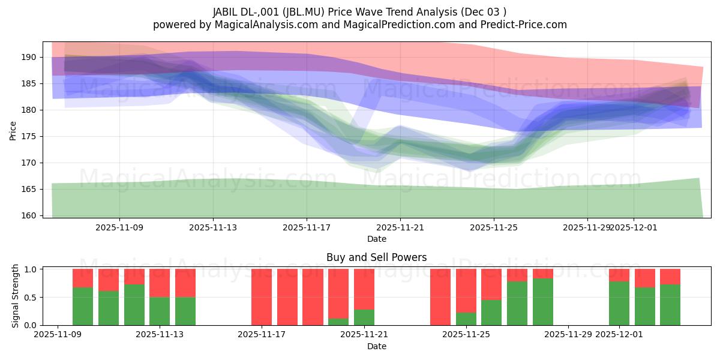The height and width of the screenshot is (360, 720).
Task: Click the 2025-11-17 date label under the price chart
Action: point(307,227)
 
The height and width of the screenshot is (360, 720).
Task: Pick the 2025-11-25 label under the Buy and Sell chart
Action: point(466,335)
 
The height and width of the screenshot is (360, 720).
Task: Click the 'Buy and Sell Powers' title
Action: point(376,257)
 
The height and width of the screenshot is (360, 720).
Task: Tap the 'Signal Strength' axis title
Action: point(16,296)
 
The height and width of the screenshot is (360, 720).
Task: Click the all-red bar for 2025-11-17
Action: point(262,297)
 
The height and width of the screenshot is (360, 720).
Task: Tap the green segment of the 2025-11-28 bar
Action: point(543,302)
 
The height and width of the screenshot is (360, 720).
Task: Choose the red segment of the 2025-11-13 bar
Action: point(160,283)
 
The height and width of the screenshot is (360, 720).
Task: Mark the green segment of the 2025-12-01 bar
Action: point(619,303)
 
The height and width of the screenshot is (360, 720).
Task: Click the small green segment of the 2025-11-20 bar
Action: point(338,322)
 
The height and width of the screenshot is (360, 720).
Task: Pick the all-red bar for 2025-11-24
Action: point(440,297)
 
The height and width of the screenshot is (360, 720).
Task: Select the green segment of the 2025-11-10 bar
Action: point(83,306)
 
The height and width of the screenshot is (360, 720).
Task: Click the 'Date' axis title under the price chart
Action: point(376,239)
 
